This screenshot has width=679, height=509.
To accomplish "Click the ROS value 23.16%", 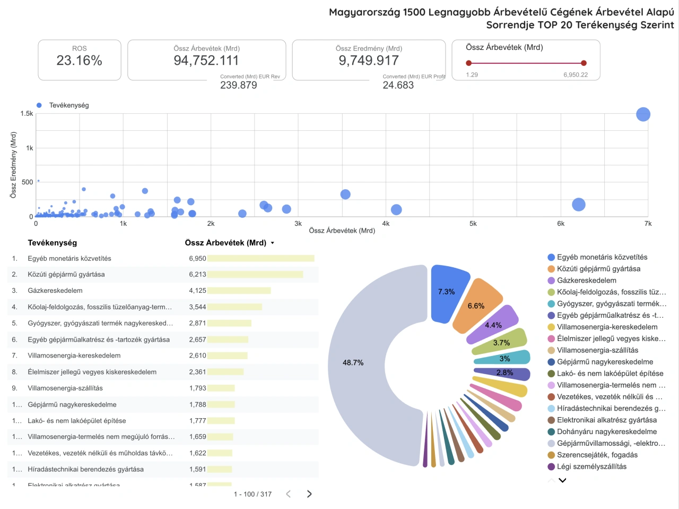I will coord(79,61).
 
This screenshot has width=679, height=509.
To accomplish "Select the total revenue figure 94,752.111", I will coord(206,61).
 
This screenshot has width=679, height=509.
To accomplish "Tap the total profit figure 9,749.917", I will coord(368,61).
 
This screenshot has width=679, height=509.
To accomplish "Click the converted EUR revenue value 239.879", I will coord(238,85).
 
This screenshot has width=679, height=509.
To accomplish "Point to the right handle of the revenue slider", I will coord(584,63).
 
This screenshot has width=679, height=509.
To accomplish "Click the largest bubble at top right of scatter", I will coord(643,114).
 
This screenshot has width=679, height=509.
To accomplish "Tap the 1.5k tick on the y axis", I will coord(27,114).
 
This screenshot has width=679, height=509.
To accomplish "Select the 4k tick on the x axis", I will coord(386,224).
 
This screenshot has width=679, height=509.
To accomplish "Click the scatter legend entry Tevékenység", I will coord(68,105).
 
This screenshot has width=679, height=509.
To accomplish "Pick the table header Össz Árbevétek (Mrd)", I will coord(225,243).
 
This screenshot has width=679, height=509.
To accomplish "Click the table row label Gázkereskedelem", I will coord(55,291).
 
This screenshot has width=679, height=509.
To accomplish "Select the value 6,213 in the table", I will coord(197,275).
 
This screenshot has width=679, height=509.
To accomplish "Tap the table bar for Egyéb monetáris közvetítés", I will coord(260,258).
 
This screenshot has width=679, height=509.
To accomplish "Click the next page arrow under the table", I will coord(309,494).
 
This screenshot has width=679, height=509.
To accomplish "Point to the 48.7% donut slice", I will coord(366,363).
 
